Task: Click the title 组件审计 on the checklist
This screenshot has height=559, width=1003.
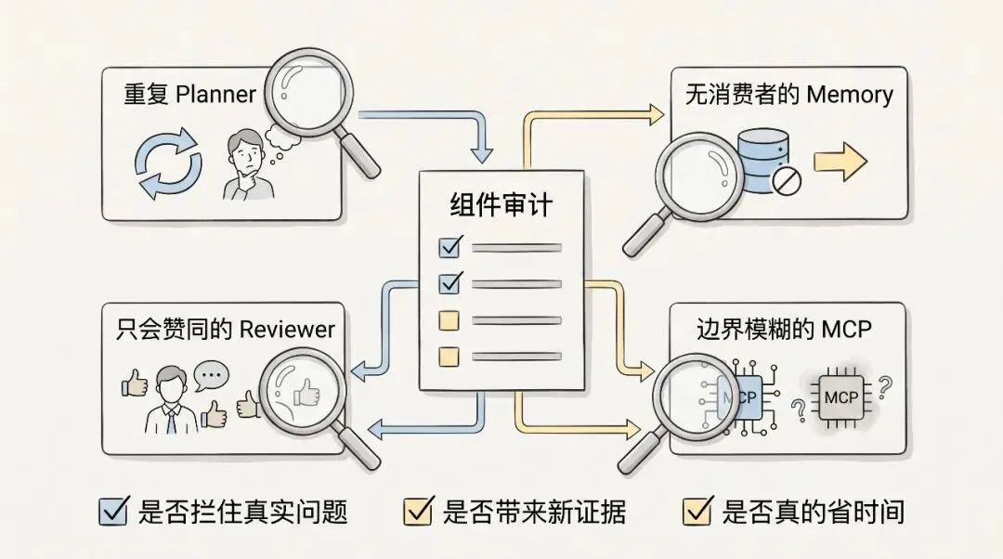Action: (501, 205)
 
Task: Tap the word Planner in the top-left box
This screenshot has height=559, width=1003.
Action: (215, 94)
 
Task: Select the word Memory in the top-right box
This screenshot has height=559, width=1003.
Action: (850, 95)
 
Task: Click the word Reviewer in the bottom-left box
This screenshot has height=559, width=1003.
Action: (287, 330)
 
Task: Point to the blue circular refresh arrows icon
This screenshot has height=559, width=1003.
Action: (168, 163)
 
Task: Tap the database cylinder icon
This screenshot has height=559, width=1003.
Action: (762, 162)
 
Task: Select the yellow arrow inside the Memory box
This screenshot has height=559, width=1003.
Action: (840, 162)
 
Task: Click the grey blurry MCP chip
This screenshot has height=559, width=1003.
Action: (841, 397)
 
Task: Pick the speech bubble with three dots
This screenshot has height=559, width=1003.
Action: (211, 377)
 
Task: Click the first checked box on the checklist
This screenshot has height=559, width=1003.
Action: (450, 246)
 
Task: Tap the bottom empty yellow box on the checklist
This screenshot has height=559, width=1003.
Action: (449, 357)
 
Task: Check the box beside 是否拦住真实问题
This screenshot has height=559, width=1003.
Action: (114, 511)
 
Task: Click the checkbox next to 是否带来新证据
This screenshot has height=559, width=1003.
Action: (419, 511)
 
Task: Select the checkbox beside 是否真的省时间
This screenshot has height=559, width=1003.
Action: (697, 511)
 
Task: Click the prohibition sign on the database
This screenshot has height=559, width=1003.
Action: (787, 180)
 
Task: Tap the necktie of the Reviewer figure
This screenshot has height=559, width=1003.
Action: (171, 419)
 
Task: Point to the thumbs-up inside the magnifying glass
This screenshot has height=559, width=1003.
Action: (306, 392)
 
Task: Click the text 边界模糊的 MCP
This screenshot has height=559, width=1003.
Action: (784, 329)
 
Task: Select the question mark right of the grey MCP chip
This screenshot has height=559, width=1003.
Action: (885, 387)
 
